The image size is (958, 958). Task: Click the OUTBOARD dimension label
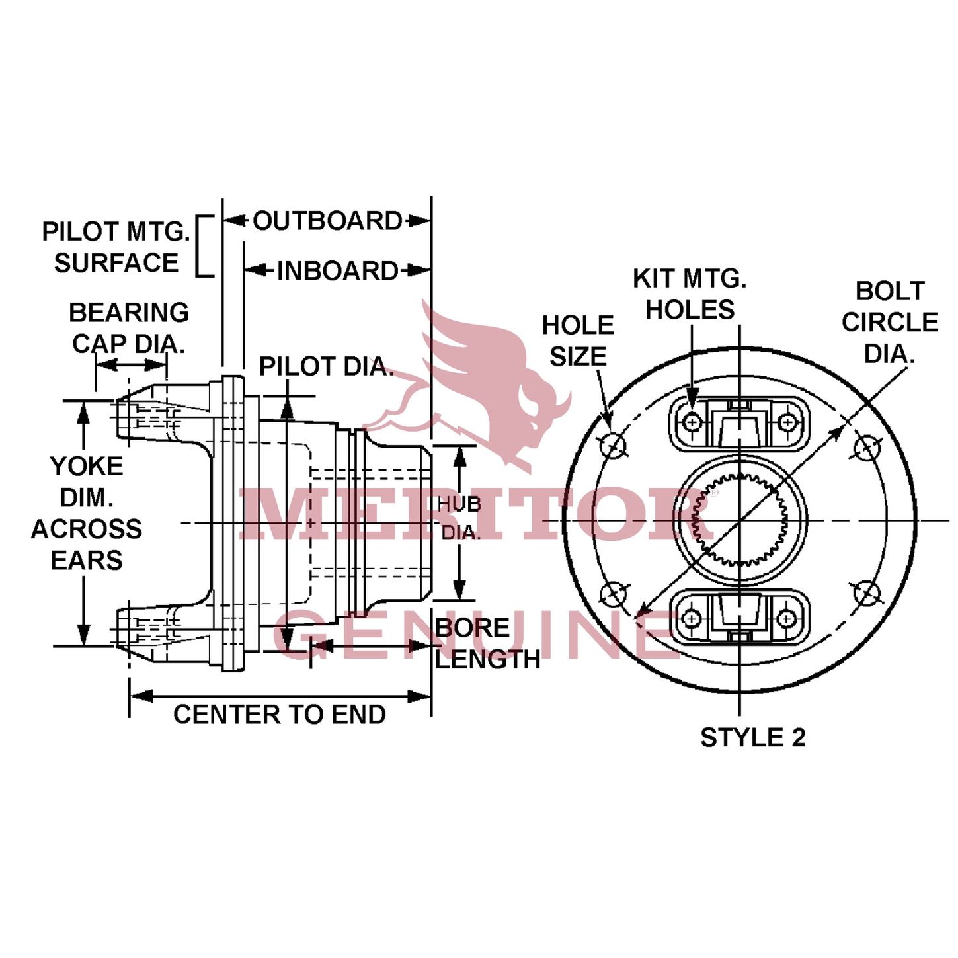click(327, 221)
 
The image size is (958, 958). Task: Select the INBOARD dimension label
click(337, 271)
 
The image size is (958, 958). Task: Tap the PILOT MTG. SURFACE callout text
click(116, 247)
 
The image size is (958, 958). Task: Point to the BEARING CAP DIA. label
click(128, 328)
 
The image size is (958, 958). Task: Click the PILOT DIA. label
click(325, 366)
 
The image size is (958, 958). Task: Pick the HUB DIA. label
click(460, 518)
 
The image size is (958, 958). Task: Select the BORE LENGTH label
click(487, 643)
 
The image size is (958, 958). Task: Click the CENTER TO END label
click(279, 715)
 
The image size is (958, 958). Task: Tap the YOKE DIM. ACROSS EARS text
click(87, 513)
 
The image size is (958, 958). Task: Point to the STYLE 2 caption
click(752, 738)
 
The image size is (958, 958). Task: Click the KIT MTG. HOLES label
click(690, 294)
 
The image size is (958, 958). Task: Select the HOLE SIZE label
click(578, 341)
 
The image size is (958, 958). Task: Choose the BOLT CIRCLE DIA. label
click(889, 323)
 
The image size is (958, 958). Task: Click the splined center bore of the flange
click(740, 520)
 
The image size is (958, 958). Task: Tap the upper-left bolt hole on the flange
click(613, 445)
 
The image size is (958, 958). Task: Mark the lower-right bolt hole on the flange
click(867, 593)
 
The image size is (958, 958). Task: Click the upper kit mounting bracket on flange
click(739, 423)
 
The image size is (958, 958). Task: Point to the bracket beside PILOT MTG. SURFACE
click(206, 246)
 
